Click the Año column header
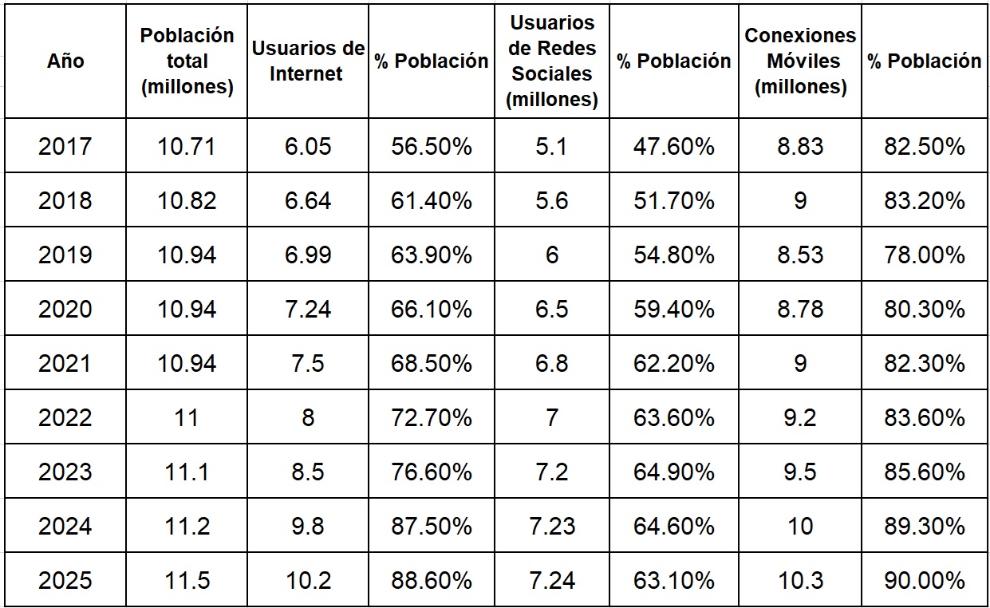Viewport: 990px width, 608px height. (x=65, y=61)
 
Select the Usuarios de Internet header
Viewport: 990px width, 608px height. (x=307, y=61)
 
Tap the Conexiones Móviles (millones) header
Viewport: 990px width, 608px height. (x=800, y=61)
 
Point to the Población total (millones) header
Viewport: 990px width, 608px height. (x=187, y=61)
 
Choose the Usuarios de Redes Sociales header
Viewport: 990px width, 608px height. (x=552, y=61)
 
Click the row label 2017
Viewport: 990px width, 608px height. (x=65, y=146)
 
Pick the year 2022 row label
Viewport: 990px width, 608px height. (x=65, y=417)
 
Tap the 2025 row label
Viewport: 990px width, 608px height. (x=65, y=580)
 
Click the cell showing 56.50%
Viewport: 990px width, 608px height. (x=431, y=146)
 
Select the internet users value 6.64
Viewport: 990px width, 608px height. (x=307, y=200)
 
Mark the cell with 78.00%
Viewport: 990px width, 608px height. (x=925, y=255)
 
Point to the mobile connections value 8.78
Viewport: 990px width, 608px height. (x=800, y=309)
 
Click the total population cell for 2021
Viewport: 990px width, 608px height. (x=187, y=363)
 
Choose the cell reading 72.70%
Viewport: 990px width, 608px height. (x=431, y=417)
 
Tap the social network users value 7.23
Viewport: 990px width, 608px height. (x=552, y=526)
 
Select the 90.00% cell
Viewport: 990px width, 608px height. (x=925, y=580)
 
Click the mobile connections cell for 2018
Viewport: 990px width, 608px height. (x=800, y=200)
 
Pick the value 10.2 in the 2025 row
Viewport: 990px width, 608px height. (x=307, y=580)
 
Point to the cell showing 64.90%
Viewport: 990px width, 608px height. (x=673, y=472)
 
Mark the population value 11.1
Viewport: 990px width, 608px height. (x=187, y=472)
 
